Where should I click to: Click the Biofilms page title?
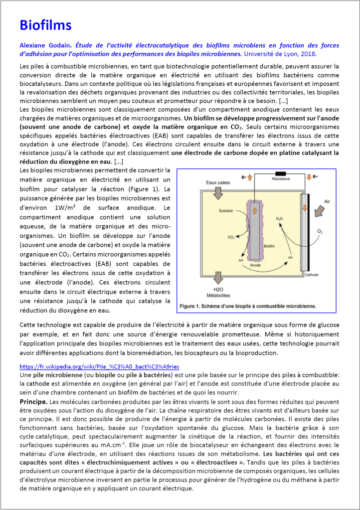pos(45,25)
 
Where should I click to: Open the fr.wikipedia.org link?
pos(99,366)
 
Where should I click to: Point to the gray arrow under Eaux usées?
pos(218,194)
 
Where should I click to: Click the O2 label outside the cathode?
pos(320,232)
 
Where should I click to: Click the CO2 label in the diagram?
pos(231,237)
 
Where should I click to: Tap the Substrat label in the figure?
pos(225,211)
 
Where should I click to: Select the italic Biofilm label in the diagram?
pos(269,246)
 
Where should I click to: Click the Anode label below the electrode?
pos(255,265)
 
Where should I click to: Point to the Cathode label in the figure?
pos(311,275)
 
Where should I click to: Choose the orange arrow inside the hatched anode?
pos(255,211)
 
